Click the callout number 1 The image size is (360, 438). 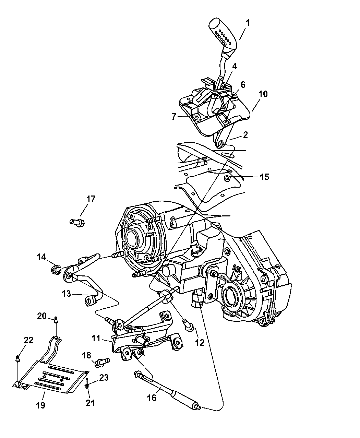coord(247,23)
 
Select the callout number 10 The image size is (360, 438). coord(263,94)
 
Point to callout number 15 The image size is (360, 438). coord(264,177)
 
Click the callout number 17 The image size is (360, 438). coord(91,199)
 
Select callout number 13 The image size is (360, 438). coord(66,294)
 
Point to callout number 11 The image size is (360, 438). coord(96,338)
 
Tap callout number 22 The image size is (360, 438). coord(28,340)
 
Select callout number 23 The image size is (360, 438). coord(104,378)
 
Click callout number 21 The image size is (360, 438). coord(90,403)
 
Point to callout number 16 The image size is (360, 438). coord(152,398)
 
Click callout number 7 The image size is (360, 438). coord(174,117)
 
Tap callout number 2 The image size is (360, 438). coord(245,134)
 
